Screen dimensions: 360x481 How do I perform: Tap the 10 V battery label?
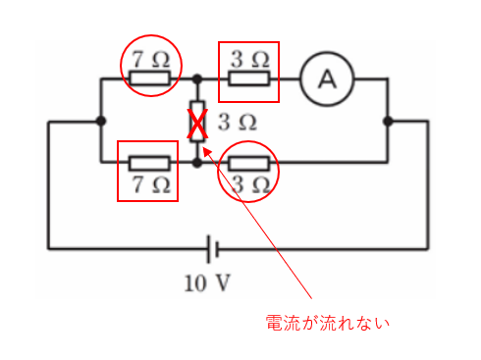pos(207,285)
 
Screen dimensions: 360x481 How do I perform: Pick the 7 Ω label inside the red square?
pos(149,182)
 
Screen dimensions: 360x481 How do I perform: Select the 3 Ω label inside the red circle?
pos(249,183)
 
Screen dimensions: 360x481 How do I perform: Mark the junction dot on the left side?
pos(101,121)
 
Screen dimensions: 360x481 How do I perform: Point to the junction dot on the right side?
pos(389,121)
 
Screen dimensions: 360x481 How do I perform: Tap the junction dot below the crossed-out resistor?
pos(197,163)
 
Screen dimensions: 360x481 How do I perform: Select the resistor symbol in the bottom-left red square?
pos(148,163)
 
